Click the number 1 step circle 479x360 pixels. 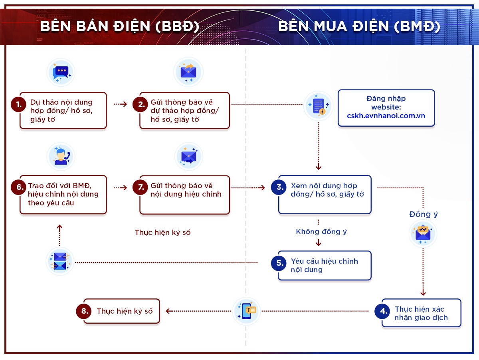tap(18, 105)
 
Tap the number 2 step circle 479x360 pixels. tap(141, 105)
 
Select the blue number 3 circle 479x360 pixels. tap(279, 187)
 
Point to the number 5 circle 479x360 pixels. tap(279, 263)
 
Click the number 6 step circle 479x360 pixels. tap(18, 187)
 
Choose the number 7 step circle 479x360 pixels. tap(141, 187)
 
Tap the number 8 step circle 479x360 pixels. tap(84, 311)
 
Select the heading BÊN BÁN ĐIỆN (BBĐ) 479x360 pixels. tap(120, 26)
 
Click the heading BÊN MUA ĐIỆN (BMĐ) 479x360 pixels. tap(359, 26)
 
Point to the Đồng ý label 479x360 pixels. tap(424, 214)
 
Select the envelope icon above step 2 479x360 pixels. tap(188, 72)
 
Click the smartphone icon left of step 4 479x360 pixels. tap(247, 311)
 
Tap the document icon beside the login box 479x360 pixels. tap(319, 106)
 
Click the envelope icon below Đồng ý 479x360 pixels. tap(423, 233)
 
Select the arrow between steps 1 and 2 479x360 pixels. tap(120, 104)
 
